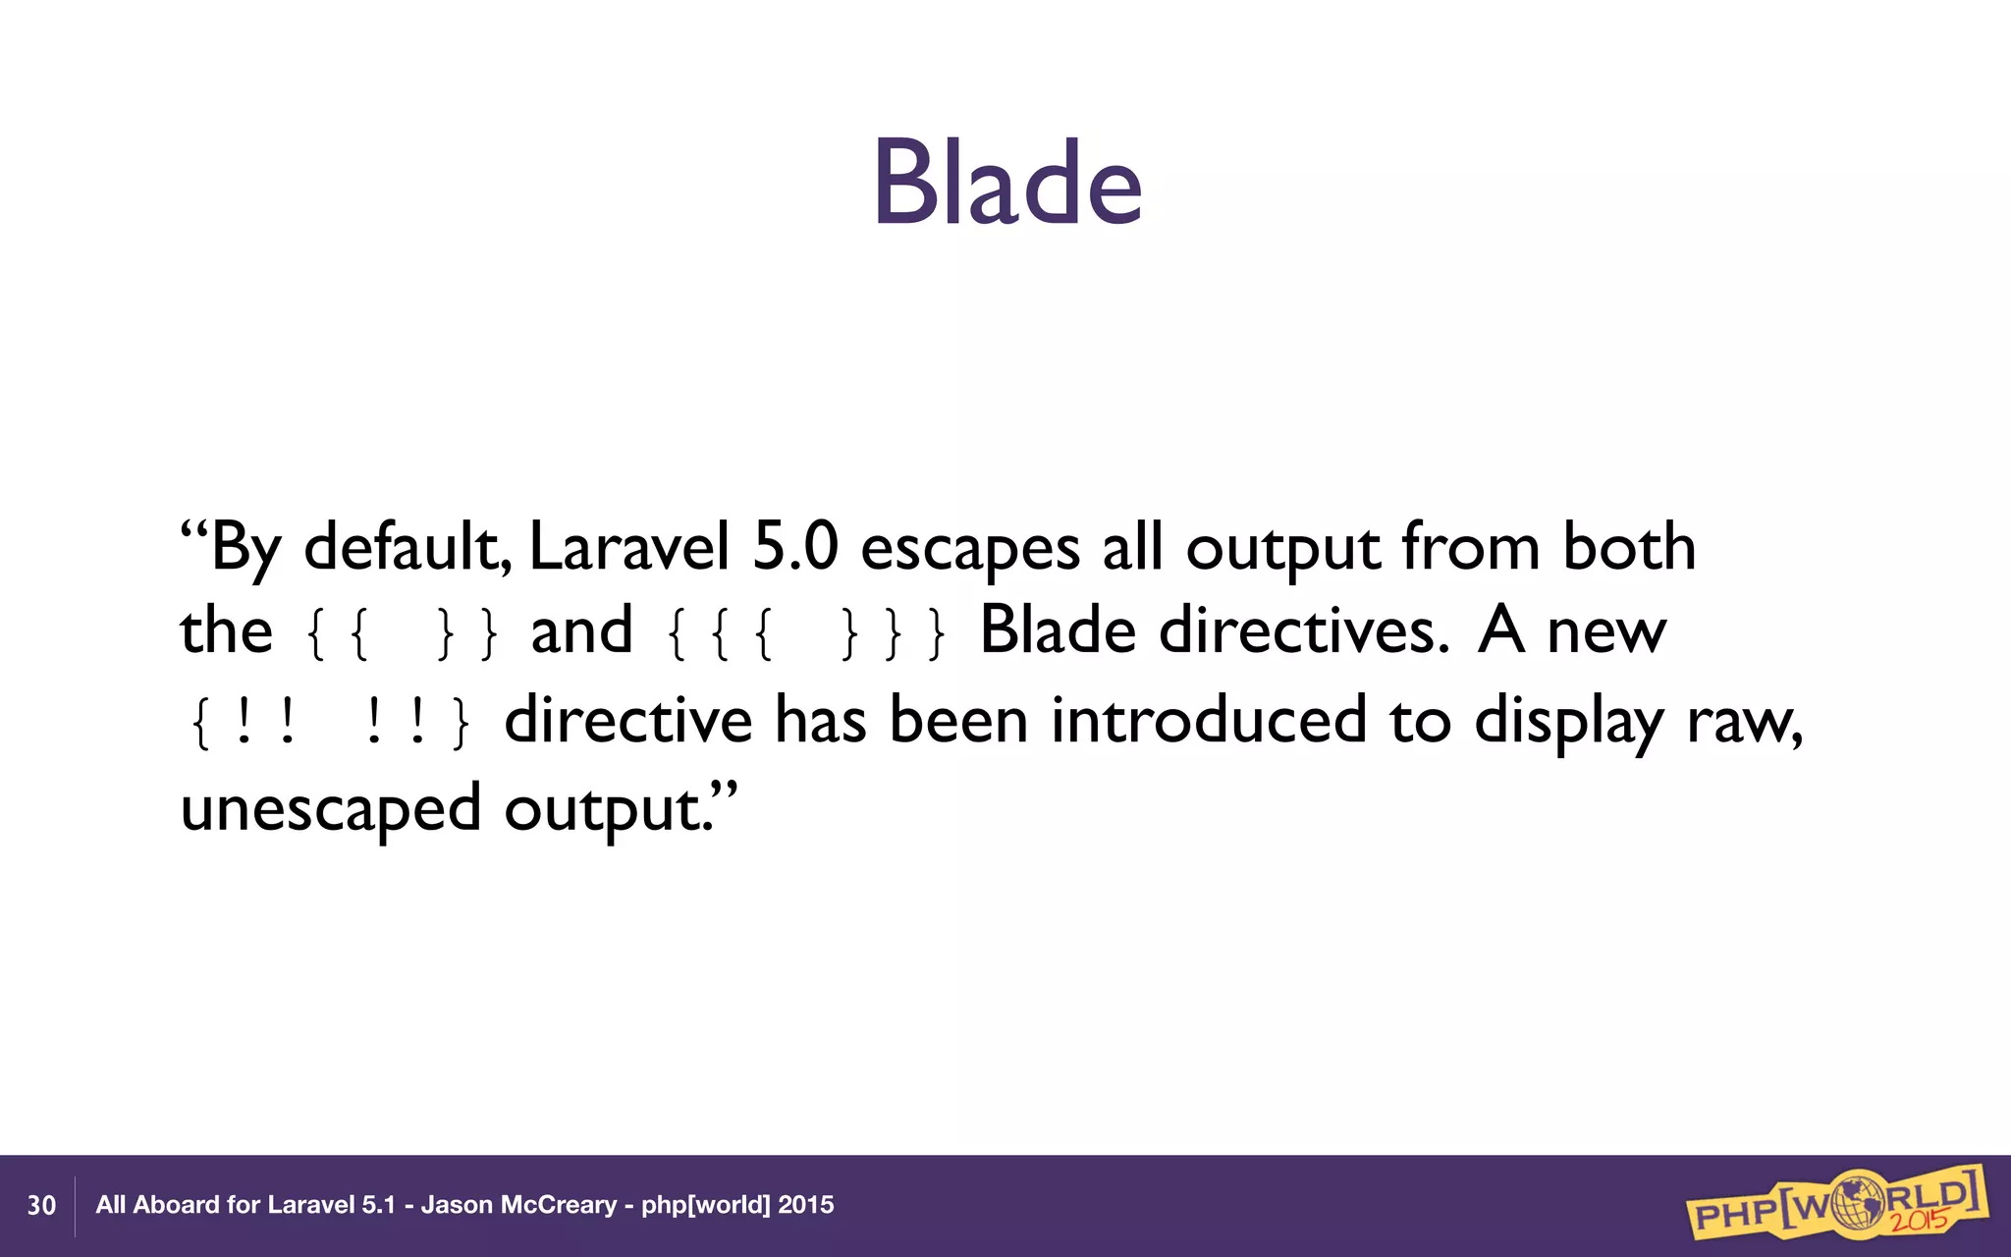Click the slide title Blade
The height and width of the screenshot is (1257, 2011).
[x=1007, y=184]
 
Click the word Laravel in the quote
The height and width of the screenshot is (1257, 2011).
[x=629, y=547]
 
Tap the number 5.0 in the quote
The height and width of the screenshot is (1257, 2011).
[x=795, y=547]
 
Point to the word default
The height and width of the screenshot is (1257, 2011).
[x=407, y=547]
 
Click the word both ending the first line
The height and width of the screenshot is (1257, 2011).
[x=1629, y=547]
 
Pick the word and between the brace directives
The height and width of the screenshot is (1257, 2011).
[x=581, y=630]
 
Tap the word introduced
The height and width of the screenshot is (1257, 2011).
[x=1209, y=719]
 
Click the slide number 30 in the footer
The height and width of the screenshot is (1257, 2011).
[x=41, y=1206]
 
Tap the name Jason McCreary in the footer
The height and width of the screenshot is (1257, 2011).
[x=518, y=1205]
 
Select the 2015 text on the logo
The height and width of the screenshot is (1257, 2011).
[x=1920, y=1221]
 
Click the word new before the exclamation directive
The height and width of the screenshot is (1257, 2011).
[x=1606, y=632]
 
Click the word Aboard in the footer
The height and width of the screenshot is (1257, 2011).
[x=176, y=1205]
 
